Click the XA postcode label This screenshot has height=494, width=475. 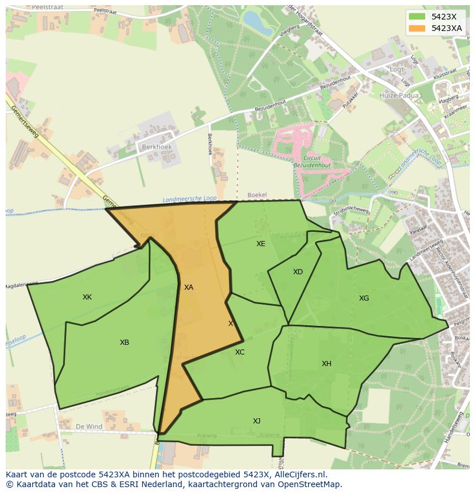[x=188, y=287]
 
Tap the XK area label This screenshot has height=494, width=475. [x=87, y=297]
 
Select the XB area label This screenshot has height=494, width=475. [x=124, y=343]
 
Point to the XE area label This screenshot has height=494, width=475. [x=261, y=244]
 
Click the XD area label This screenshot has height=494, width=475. [x=298, y=272]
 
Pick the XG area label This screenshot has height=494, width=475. [x=364, y=298]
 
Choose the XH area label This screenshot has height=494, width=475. [x=326, y=364]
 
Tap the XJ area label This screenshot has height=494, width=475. [x=256, y=421]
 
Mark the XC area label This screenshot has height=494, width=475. [x=240, y=352]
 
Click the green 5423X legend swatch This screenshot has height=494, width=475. [x=417, y=17]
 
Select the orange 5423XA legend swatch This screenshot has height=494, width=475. [x=417, y=28]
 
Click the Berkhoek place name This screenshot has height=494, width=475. [x=156, y=147]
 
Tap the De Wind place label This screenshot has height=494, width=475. [x=89, y=427]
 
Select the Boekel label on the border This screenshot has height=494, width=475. [x=258, y=195]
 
